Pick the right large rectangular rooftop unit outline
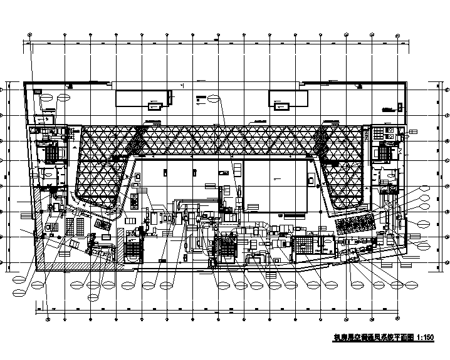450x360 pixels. pyautogui.click(x=288, y=99)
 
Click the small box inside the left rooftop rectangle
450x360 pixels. pyautogui.click(x=153, y=105)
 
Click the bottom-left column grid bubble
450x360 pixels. pyautogui.click(x=48, y=318)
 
